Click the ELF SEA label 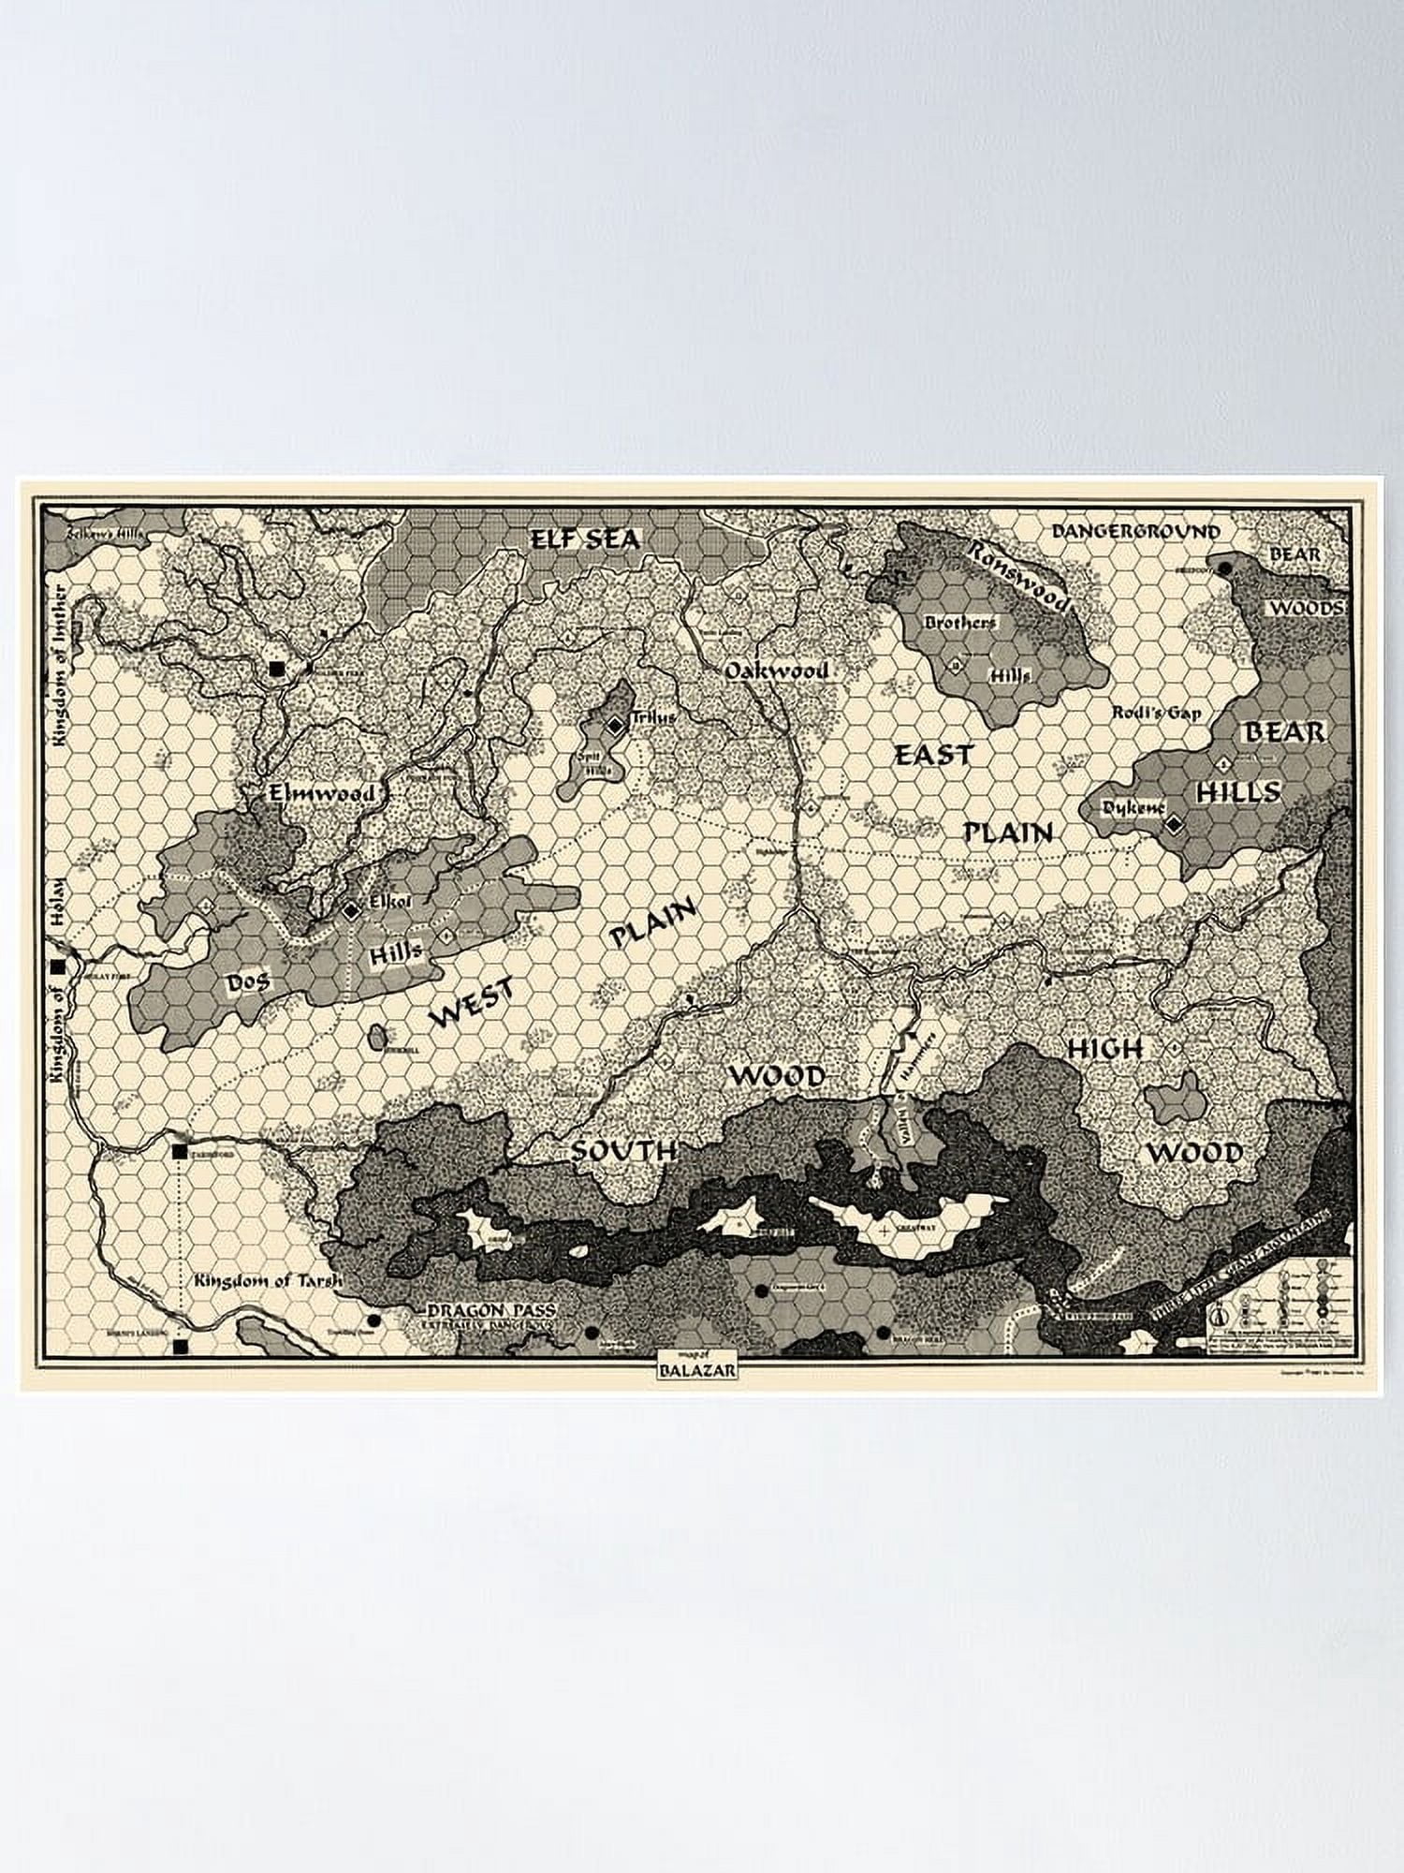click(x=585, y=539)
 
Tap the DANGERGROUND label click(x=1135, y=532)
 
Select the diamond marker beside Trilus click(x=615, y=726)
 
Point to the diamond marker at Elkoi click(x=351, y=909)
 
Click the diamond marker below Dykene click(x=1174, y=824)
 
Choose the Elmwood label click(x=321, y=794)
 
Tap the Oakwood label click(x=776, y=671)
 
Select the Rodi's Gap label click(x=1155, y=713)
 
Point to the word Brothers click(x=960, y=622)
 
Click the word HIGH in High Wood click(x=1104, y=1050)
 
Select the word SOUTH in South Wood click(x=623, y=1151)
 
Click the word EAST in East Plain click(x=933, y=755)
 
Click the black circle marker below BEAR click(x=1224, y=568)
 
